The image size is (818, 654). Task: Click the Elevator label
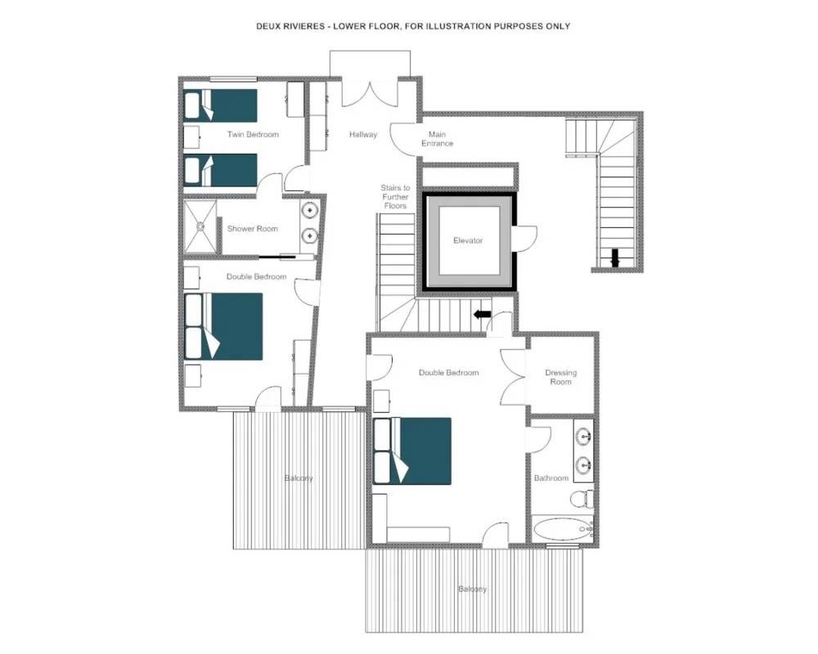pos(468,240)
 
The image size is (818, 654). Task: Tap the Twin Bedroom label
pos(253,134)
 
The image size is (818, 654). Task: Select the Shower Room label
pos(253,228)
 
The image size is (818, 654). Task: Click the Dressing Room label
pos(561,377)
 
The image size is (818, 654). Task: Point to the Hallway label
pos(363,134)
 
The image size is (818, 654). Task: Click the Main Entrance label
pos(437,139)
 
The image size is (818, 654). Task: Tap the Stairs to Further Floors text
pos(395,197)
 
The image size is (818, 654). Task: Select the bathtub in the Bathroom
pos(563,530)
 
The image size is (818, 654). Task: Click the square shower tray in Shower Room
pos(200,227)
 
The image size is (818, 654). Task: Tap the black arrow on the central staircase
pos(482,315)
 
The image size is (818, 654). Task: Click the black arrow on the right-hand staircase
pos(615,258)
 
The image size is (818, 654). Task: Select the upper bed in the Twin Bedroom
pos(221,105)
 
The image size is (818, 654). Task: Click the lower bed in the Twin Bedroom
pos(221,170)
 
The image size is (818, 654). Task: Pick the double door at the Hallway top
pos(370,94)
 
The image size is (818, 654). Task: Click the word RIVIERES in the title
pos(302,26)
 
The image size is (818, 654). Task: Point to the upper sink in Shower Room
pos(310,210)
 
